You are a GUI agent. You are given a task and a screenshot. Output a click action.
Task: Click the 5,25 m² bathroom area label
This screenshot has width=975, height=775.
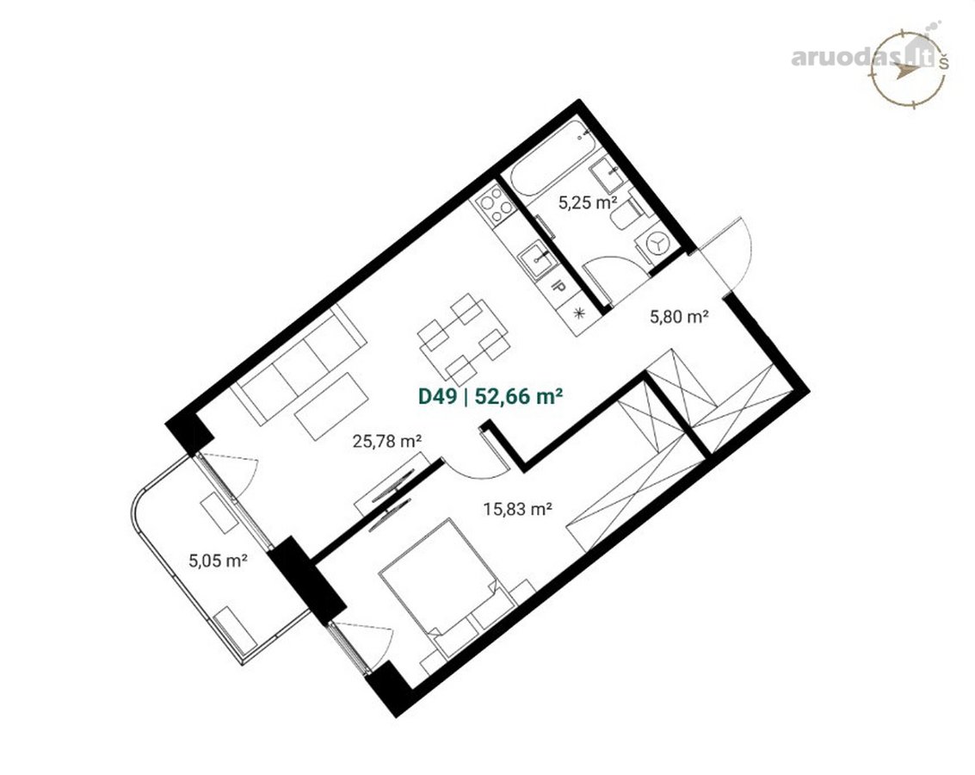(588, 203)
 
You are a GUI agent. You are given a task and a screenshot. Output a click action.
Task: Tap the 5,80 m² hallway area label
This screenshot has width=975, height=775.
(680, 317)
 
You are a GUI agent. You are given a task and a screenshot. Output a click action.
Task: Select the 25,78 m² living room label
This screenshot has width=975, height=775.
(387, 442)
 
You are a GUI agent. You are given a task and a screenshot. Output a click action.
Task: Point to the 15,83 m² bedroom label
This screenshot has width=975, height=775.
(519, 510)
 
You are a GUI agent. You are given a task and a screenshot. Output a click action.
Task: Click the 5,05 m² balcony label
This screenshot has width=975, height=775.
(219, 561)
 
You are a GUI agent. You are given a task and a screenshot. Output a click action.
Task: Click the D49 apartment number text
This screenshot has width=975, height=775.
(438, 396)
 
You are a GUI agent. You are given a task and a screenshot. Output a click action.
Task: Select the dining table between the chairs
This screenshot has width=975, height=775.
(463, 339)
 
